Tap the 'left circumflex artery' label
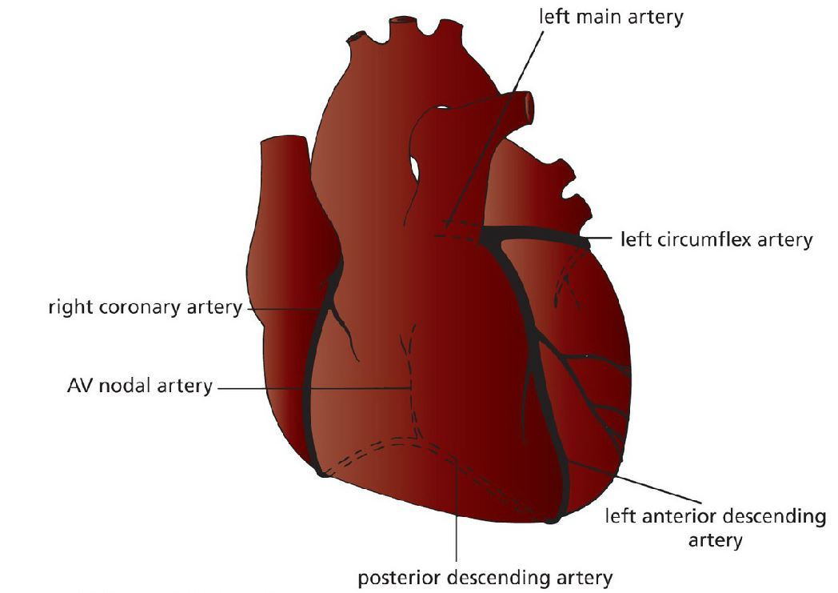pos(716,239)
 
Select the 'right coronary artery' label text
pos(145,307)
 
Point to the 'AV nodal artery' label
pos(140,387)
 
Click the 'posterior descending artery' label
pos(485,577)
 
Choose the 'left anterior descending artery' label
pos(715,527)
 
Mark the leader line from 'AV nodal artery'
pos(312,388)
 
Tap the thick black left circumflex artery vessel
pos(536,234)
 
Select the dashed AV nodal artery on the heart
pos(409,360)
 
